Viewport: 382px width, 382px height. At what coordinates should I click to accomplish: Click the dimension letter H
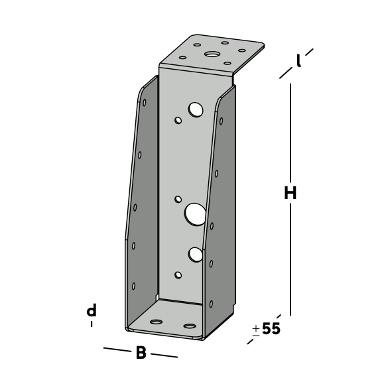point(290,193)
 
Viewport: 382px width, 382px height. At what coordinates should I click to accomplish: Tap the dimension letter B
point(141,353)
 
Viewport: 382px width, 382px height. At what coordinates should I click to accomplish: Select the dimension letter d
point(92,310)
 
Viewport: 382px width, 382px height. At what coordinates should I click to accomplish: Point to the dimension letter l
point(298,60)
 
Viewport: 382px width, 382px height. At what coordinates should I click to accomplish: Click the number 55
point(271,328)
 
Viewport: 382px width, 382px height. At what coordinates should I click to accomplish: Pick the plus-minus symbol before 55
point(256,330)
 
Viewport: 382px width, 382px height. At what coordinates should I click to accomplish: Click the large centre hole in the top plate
point(211,54)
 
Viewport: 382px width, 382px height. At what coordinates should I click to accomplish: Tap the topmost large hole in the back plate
point(196,109)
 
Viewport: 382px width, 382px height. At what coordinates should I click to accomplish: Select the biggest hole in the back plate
point(195,214)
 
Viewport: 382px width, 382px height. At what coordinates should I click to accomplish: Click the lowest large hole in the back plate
point(196,255)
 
